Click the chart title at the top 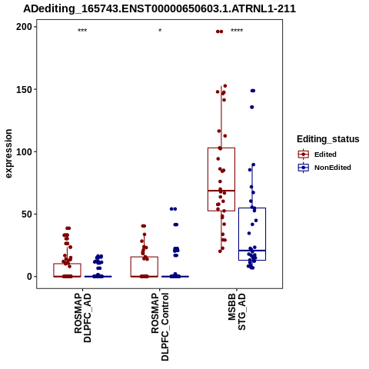coord(159,8)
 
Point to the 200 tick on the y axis coord(24,27)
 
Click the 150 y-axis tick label coord(24,89)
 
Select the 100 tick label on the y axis coord(24,151)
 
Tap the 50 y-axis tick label coord(27,214)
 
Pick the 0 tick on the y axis coord(30,277)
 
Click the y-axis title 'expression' coord(8,154)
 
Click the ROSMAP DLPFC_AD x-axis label coord(82,317)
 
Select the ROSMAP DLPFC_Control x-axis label coord(160,327)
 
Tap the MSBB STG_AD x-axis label coord(237,312)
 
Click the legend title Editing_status coord(328,139)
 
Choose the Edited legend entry coord(317,155)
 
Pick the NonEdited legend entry coord(324,168)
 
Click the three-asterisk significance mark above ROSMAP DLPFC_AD coord(82,31)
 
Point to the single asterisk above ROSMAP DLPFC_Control coord(160,31)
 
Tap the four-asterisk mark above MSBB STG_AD coord(237,31)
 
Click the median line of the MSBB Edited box coord(221,191)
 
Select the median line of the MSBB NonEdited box coord(252,251)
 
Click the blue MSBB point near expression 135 coord(252,107)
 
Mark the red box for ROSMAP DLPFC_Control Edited coord(145,267)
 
